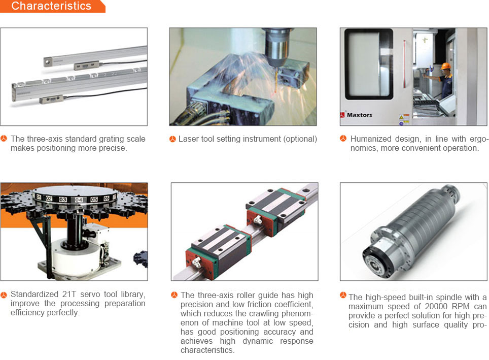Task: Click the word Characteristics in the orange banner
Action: [x=51, y=6]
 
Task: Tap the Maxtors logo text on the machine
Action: [x=360, y=115]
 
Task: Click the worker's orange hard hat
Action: [x=445, y=66]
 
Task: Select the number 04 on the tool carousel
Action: [x=79, y=200]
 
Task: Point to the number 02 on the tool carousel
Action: [x=49, y=198]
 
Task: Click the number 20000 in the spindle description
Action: [x=436, y=306]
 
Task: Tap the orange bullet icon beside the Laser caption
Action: [x=172, y=139]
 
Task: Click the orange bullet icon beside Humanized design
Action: [x=343, y=138]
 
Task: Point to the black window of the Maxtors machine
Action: [x=369, y=64]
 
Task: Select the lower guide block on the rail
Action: [x=218, y=250]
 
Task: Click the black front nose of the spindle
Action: [x=375, y=261]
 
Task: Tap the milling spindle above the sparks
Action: [x=276, y=47]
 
